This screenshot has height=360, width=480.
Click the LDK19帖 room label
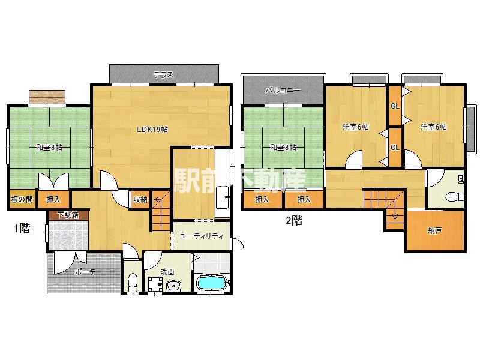tap(152, 129)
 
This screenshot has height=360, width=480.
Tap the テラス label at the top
tap(163, 74)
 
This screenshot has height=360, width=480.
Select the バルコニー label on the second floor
tap(283, 91)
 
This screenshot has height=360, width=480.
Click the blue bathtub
tap(212, 283)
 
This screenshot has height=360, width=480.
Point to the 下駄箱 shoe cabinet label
tap(68, 215)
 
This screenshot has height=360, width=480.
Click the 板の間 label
tap(22, 200)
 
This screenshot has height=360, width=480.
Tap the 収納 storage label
tap(140, 199)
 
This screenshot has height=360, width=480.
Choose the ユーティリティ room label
tap(202, 236)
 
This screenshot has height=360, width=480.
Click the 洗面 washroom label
tap(167, 272)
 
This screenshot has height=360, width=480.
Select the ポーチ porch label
tap(85, 272)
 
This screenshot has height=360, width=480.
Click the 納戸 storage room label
tap(434, 230)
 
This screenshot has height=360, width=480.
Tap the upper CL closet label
tap(395, 106)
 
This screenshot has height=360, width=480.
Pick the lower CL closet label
tap(395, 148)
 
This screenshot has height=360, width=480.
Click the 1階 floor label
tap(22, 228)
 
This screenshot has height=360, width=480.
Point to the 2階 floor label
tap(294, 220)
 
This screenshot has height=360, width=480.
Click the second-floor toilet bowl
tap(454, 197)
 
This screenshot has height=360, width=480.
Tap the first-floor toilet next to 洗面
tap(133, 283)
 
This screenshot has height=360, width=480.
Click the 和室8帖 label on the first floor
tap(49, 148)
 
